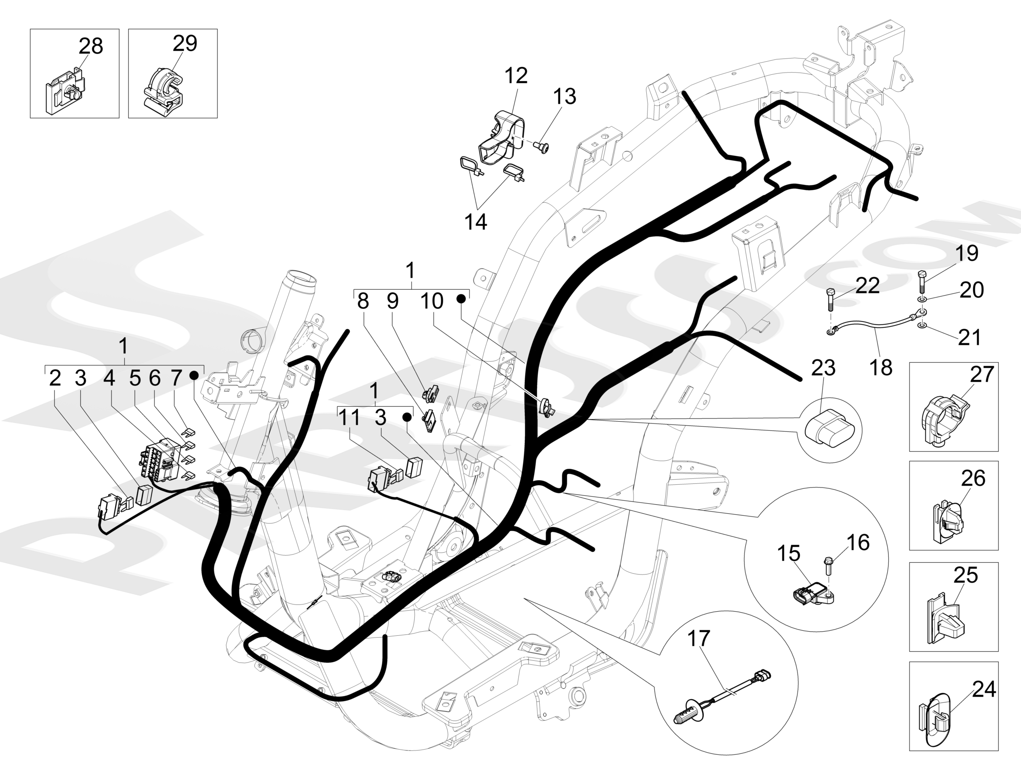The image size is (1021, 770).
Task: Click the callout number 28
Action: [x=91, y=46]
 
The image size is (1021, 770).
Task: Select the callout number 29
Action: [x=185, y=43]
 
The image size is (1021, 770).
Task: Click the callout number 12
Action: [x=516, y=75]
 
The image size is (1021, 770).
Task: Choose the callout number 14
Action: [x=475, y=222]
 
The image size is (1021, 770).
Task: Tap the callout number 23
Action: [x=823, y=368]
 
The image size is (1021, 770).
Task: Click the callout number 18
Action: [x=881, y=368]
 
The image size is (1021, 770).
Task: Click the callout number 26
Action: [x=973, y=478]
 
